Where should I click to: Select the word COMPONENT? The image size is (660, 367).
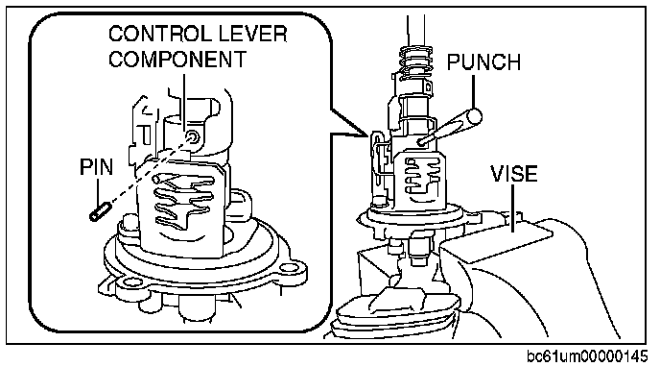coord(177,59)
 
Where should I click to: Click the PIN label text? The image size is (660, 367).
coord(96,167)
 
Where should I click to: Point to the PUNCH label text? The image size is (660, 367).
coord(483,62)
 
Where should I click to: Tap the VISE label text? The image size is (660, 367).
coord(514,174)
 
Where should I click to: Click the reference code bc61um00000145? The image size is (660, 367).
coord(587,356)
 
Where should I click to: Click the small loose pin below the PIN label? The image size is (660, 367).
coord(100,211)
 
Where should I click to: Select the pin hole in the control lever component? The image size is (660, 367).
coord(193,137)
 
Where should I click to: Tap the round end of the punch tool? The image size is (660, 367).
coord(475,115)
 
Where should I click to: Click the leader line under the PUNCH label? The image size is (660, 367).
coord(474,92)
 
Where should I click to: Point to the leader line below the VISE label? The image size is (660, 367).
coord(513,208)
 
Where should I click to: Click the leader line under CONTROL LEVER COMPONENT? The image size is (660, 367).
coord(184,101)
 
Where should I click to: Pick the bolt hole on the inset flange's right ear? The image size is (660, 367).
coord(288,267)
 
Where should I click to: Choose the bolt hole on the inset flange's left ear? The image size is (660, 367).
coord(128,281)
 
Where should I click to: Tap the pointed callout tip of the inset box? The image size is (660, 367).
coord(368,136)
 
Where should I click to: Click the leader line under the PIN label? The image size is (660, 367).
coord(98,191)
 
